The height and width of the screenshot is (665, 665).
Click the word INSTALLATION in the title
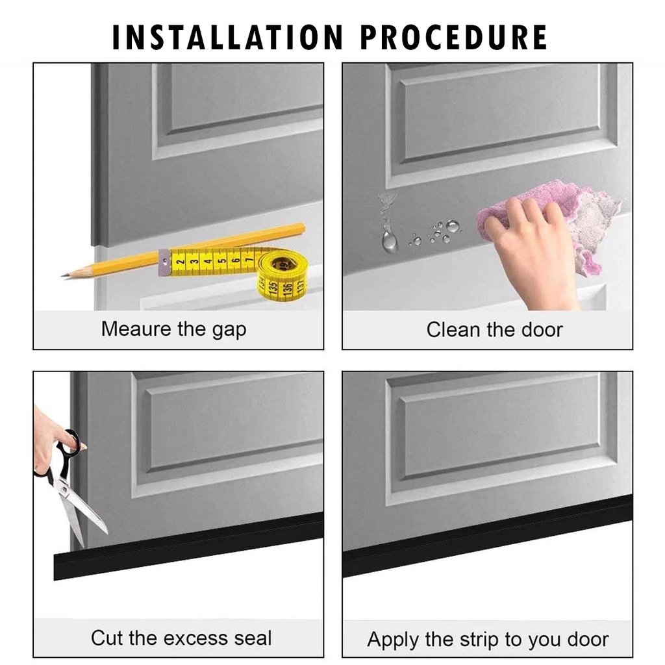point(228,37)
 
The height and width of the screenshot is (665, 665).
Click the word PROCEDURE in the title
point(454,37)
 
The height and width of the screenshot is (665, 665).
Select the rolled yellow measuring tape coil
point(281,276)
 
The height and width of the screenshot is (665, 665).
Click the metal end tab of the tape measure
point(164,263)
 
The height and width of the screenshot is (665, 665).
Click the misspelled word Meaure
point(136,329)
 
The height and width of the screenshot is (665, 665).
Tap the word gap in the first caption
point(229,331)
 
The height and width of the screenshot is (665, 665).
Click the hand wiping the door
point(534,250)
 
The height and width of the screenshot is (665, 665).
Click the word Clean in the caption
point(454,329)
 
